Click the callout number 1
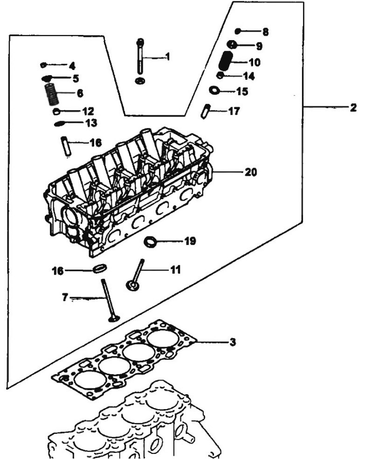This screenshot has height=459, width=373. coord(168,56)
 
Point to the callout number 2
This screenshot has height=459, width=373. coord(353,107)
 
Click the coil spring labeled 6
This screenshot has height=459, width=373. coord(51,94)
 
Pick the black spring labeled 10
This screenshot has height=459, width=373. coord(226,61)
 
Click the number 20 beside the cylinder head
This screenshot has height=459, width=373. coord(251,172)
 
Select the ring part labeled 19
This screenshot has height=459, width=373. coord(151,243)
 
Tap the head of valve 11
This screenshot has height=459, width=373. coord(132,285)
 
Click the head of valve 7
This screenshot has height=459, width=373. coord(114,318)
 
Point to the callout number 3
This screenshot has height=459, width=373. coord(232,341)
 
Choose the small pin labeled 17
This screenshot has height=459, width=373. coord(205,111)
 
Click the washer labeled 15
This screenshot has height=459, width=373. coord(214,90)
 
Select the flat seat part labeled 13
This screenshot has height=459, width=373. coord(61,124)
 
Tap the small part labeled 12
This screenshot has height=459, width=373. coord(56,111)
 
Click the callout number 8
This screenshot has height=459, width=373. coord(265,32)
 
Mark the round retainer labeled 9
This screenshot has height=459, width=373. coord(232,45)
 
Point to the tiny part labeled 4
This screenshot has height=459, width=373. coord(43,65)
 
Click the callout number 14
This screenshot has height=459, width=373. coord(249,76)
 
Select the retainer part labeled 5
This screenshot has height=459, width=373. coord(47,78)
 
